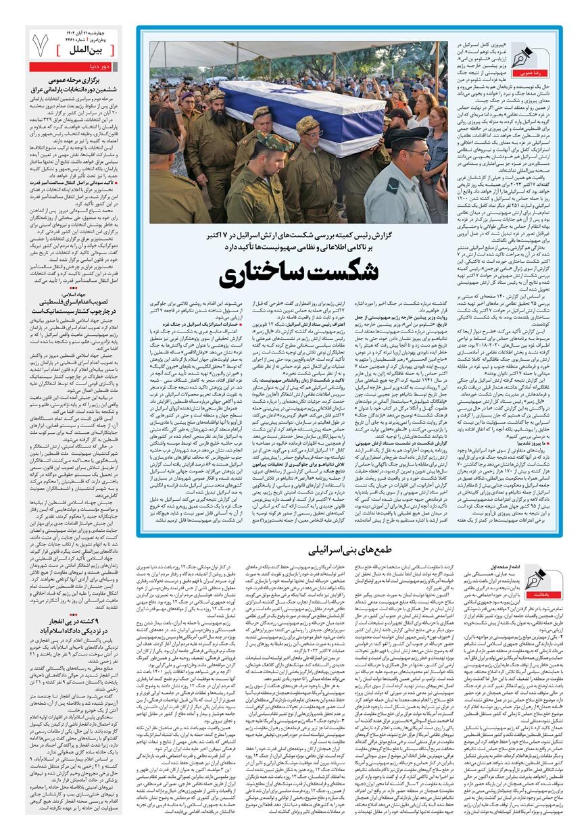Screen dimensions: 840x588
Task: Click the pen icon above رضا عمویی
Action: click(x=523, y=55)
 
